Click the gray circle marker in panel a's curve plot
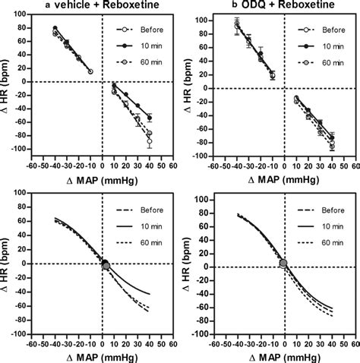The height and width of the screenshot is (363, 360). (105, 265)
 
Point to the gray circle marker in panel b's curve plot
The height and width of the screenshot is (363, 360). (283, 263)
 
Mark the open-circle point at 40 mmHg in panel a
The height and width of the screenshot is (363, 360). (150, 142)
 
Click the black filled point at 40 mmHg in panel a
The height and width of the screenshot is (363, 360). (150, 118)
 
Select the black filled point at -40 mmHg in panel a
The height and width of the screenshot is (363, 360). (55, 28)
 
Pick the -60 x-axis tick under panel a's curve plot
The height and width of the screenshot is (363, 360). (33, 342)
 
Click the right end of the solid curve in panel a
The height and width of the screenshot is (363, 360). (150, 294)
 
